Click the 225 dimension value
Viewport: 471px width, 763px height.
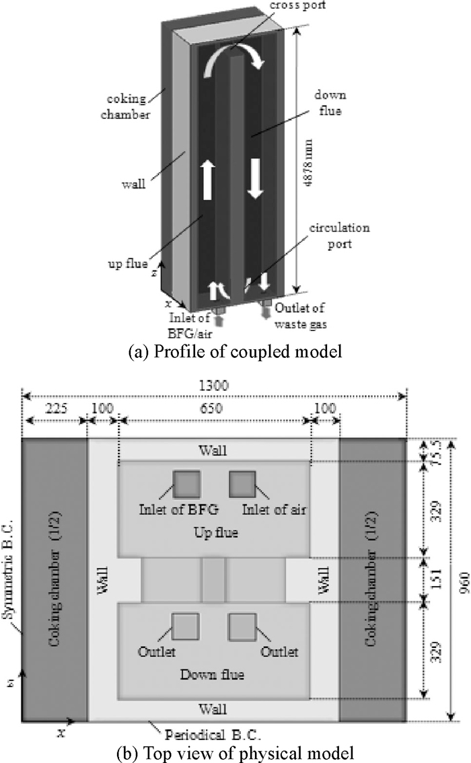(x=56, y=408)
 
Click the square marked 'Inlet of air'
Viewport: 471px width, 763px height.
(x=242, y=483)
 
